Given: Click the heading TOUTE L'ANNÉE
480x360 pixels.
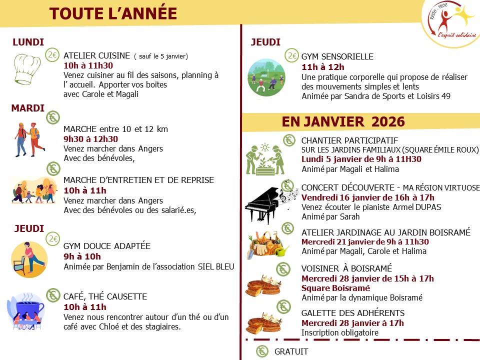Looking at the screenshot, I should coord(113,13).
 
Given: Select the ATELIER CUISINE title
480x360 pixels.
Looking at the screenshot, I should coord(97,56).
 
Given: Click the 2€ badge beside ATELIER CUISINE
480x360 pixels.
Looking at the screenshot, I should coord(52,55).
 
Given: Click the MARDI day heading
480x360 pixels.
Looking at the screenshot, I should coord(28,108).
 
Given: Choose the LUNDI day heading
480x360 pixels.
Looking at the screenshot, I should coord(28,42).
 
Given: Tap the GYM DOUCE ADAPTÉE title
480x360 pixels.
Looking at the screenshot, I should coord(107,246).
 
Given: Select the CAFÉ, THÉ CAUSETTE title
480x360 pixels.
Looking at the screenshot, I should coord(105,297).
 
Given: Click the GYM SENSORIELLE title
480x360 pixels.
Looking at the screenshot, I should coord(337,56).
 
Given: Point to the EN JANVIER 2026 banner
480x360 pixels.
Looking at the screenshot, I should coord(343,121).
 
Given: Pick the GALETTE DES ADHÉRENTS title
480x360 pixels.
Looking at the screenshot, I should coord(353,313).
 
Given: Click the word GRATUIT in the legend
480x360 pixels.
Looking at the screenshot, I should coord(291,351).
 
